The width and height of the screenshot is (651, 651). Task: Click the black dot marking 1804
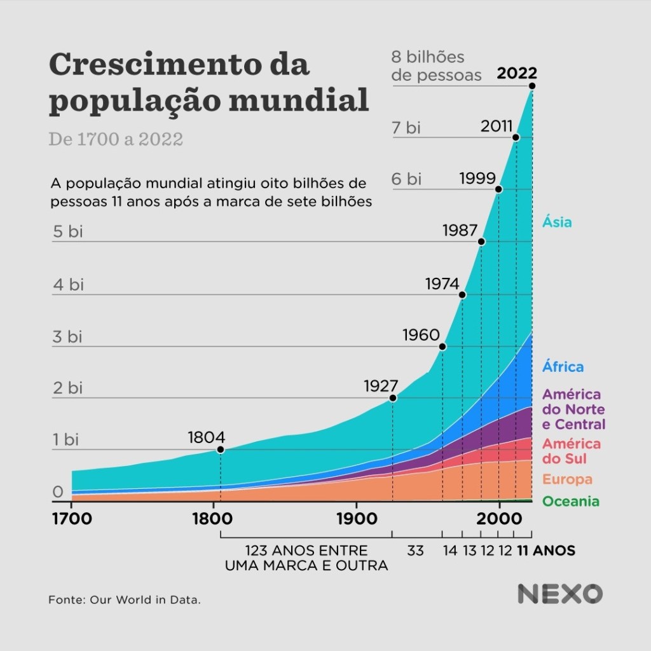pos(221,449)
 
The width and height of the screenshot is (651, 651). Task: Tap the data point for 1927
pos(393,398)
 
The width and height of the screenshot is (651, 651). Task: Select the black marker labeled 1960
pos(442,346)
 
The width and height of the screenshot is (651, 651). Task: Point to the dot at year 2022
pos(531,86)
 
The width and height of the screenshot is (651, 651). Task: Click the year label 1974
pos(442,283)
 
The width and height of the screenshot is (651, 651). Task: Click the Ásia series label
pos(557,223)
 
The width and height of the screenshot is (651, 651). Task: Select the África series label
pos(563,367)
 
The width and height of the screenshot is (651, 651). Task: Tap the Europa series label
pos(568,479)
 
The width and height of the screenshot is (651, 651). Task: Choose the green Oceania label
pos(570,502)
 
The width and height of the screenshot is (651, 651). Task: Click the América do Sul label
pos(571,451)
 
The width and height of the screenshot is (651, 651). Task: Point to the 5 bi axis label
pos(67,232)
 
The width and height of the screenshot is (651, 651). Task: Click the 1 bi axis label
pos(65,439)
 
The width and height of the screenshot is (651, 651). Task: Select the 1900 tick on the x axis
pos(355,518)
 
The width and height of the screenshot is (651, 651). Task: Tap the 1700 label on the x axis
pos(71,518)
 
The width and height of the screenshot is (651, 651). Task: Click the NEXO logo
pos(559,594)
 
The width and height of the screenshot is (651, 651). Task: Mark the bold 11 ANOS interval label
pos(546,551)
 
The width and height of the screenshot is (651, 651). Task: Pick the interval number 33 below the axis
pos(415,551)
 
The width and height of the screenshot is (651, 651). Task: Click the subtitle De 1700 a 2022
pos(116,139)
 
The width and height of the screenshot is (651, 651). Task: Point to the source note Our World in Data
pos(125,600)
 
